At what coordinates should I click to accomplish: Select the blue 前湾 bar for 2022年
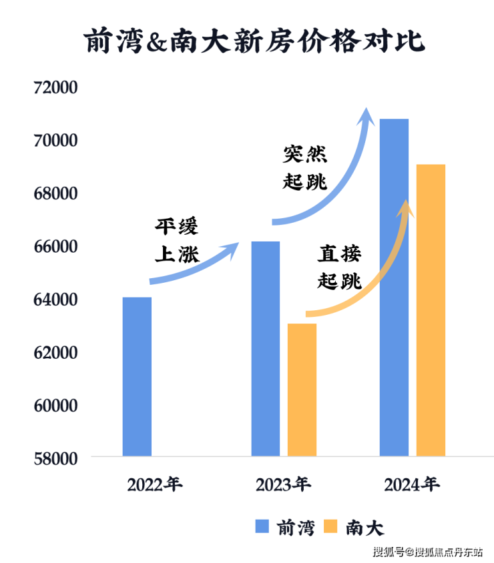[137, 376]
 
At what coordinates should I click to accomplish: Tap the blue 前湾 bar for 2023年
[266, 348]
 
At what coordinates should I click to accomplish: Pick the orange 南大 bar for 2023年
[302, 390]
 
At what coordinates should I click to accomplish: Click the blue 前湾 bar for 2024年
[394, 287]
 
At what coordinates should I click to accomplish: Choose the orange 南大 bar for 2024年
[431, 310]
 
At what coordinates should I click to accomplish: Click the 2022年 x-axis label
[155, 484]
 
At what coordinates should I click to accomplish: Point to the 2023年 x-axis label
[283, 484]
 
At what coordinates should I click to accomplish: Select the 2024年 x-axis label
[412, 484]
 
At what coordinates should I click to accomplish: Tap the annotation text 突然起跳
[305, 168]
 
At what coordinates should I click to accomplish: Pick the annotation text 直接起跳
[339, 267]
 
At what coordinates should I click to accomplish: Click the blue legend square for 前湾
[262, 527]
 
